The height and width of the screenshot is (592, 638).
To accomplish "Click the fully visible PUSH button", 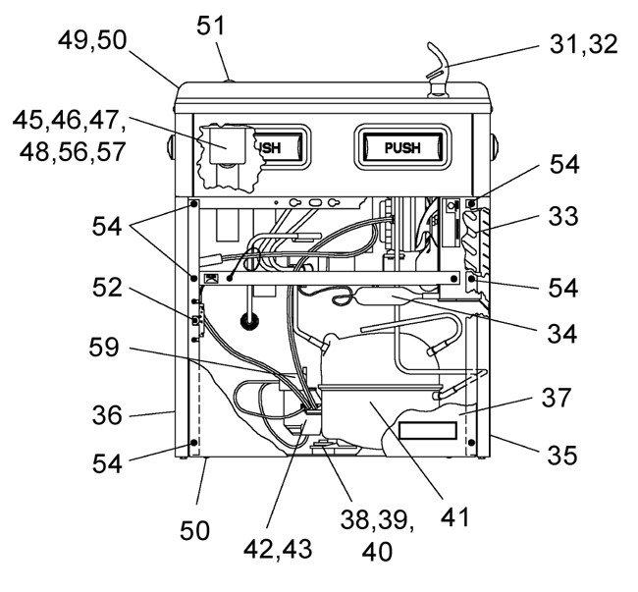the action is [402, 147].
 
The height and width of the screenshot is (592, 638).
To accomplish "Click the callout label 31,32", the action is [583, 44].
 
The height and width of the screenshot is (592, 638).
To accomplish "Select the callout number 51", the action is [210, 27].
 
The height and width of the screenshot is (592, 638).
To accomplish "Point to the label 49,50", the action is [92, 40].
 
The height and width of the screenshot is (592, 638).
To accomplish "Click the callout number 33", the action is [563, 216].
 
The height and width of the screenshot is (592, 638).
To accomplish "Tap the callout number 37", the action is [557, 398].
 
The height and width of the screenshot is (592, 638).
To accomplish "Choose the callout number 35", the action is [561, 455].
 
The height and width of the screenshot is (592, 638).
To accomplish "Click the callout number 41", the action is [454, 516].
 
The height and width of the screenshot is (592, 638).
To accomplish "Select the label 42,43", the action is [278, 549].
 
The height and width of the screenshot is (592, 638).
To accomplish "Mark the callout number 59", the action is [104, 348].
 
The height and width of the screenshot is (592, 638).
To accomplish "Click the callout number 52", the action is [107, 288].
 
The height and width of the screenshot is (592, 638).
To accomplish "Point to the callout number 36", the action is [107, 415].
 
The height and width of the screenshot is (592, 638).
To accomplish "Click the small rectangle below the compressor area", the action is [428, 430].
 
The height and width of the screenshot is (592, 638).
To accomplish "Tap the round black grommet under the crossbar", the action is [249, 321].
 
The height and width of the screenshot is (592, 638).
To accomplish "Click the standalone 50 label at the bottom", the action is [195, 530].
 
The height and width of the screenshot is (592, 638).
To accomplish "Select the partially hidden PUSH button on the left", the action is [276, 147].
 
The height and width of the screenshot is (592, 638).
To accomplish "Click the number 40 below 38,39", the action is [377, 552].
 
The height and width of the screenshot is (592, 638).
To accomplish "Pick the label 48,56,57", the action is [72, 152].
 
